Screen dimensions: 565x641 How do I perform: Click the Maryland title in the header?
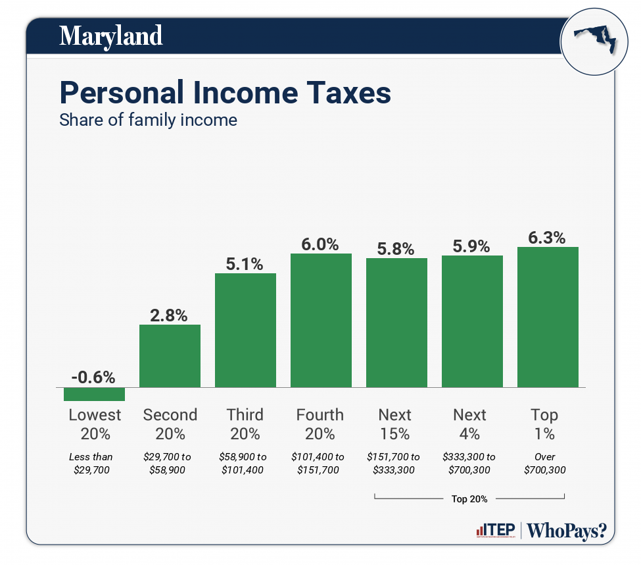click(x=110, y=36)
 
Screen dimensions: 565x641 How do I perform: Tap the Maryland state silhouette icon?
click(x=594, y=41)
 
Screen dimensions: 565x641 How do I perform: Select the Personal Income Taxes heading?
click(x=225, y=93)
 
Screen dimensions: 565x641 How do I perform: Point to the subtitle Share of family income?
click(x=148, y=121)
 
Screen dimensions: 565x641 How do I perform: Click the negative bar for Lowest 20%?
click(x=94, y=394)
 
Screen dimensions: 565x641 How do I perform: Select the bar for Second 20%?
click(x=170, y=356)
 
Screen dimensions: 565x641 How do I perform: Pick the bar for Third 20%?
click(x=245, y=330)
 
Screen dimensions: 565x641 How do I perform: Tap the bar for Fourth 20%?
click(x=321, y=320)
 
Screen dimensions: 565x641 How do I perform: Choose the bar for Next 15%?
click(x=396, y=322)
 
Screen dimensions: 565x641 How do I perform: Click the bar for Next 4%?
click(x=472, y=321)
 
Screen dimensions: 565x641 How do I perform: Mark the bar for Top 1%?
click(x=548, y=317)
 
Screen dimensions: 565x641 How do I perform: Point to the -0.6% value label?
click(x=93, y=377)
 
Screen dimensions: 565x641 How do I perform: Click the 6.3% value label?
click(x=548, y=238)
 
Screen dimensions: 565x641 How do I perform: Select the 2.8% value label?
click(x=170, y=315)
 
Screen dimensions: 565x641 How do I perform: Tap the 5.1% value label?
click(x=245, y=264)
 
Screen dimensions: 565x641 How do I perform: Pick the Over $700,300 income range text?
click(x=545, y=464)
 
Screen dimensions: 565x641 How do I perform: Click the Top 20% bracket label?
click(x=469, y=498)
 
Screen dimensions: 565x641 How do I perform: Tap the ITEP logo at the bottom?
click(x=495, y=530)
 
